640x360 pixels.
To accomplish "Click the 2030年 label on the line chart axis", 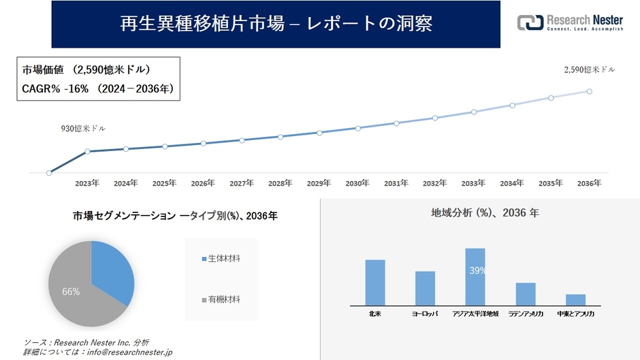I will tap(357, 184).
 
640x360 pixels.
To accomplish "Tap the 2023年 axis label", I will tap(86, 184).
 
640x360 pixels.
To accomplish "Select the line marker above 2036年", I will tap(589, 91).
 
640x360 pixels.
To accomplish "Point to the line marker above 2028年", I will tap(281, 137).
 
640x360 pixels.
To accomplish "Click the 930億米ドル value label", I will tap(84, 128).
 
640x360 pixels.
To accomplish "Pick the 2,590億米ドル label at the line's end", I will tap(590, 70).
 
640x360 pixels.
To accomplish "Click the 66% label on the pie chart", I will tap(71, 291).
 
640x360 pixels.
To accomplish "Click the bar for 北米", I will tap(375, 282).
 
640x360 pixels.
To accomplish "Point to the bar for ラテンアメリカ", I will tap(526, 294).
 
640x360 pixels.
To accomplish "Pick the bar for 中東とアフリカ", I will tap(575, 299).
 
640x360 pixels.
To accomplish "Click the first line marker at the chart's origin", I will tap(49, 173).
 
